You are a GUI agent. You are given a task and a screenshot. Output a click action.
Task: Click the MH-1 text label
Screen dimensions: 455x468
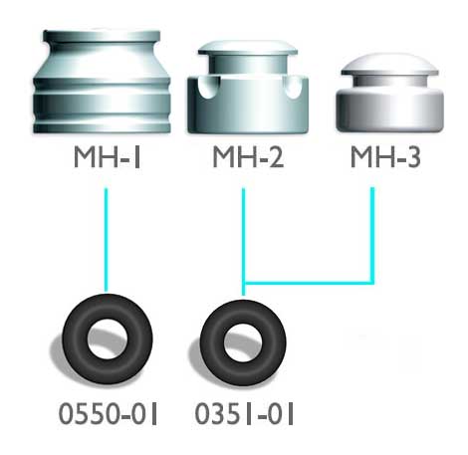click(x=103, y=158)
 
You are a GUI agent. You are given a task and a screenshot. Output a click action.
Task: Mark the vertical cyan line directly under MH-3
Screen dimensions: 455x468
click(x=373, y=234)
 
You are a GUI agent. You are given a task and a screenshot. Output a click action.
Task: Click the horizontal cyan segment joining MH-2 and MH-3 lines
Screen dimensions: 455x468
click(x=309, y=280)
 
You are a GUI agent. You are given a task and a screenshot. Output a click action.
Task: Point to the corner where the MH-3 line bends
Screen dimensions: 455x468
click(x=373, y=280)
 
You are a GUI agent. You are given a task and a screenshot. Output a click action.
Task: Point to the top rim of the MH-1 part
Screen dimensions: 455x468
click(x=104, y=41)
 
